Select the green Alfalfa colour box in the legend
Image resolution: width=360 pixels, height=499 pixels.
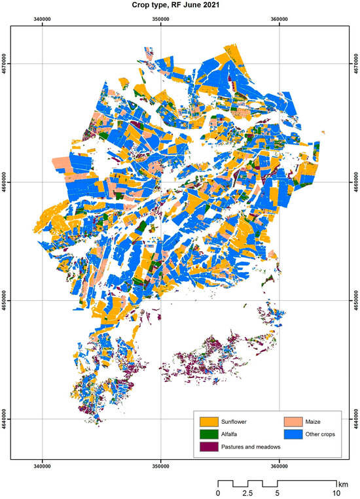click(209, 434)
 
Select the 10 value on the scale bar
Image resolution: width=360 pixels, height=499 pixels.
click(336, 492)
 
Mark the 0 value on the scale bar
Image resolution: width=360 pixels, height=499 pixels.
click(219, 492)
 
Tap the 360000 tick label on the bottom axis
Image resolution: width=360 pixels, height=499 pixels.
click(279, 466)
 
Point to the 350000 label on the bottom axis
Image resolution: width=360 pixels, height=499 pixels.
click(161, 466)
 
